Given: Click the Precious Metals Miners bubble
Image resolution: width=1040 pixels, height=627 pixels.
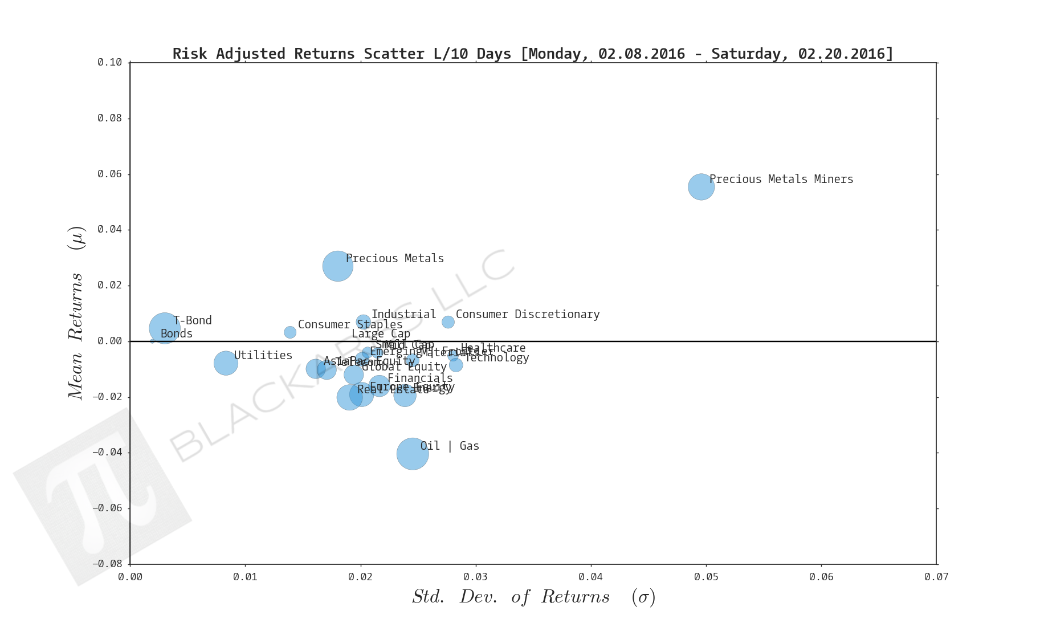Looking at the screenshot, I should (x=701, y=187).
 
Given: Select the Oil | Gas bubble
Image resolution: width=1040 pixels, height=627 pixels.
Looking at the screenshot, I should (x=413, y=454).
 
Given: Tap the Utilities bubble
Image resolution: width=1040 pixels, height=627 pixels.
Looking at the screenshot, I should (x=226, y=363).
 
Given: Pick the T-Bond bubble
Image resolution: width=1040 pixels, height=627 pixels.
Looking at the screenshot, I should (x=165, y=328).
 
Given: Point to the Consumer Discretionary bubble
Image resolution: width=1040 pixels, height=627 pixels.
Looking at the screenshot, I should (x=448, y=322).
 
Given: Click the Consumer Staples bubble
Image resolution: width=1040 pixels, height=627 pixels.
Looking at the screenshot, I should (x=290, y=332).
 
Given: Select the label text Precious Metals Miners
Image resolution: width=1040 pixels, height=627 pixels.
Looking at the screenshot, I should (x=781, y=180).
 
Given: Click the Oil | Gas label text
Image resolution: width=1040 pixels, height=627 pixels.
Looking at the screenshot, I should (x=450, y=446).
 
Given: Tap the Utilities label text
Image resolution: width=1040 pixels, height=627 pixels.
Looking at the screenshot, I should (x=263, y=356).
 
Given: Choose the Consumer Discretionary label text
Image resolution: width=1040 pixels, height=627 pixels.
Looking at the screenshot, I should (x=527, y=315).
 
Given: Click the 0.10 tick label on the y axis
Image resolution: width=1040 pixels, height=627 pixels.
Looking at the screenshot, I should (x=109, y=63).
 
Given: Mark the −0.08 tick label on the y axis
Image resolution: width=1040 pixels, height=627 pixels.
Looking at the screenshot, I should (x=107, y=564).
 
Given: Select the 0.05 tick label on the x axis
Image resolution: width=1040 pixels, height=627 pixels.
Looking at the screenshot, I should (x=706, y=577).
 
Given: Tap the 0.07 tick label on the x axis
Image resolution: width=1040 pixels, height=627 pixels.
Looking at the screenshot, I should (x=936, y=577).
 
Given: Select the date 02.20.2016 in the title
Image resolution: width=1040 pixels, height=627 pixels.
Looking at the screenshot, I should (x=842, y=54).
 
